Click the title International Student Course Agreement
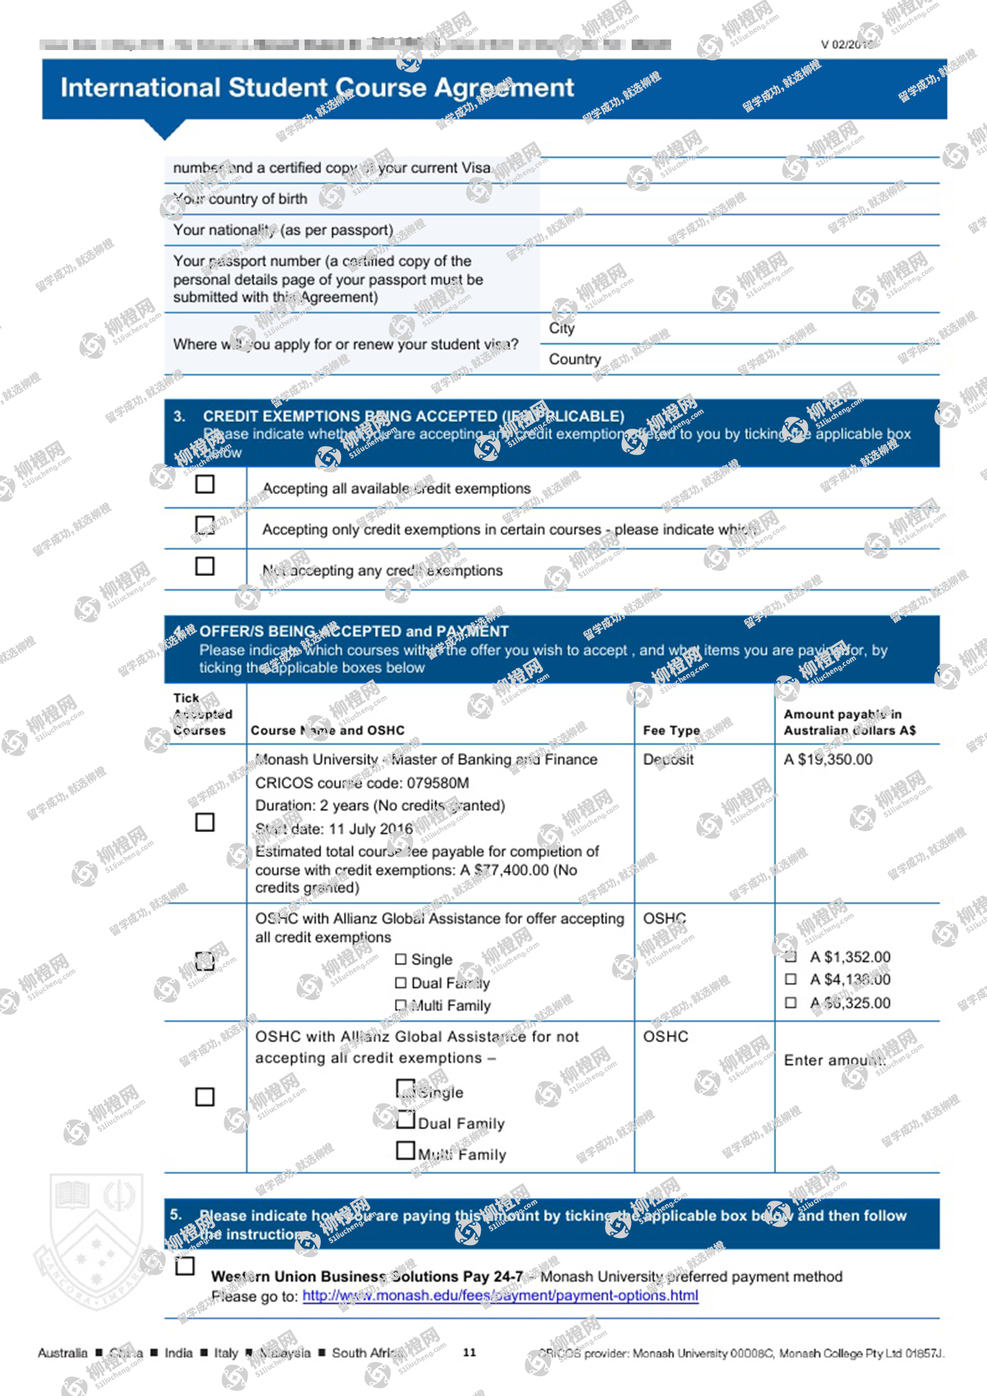pos(317,87)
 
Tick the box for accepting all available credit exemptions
pos(204,484)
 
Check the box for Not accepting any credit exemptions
pos(204,566)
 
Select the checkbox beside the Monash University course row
pos(204,822)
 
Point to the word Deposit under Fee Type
pos(668,759)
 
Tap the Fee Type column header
pos(671,730)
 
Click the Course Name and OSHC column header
pos(328,730)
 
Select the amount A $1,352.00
pos(850,957)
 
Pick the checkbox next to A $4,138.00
pos(791,979)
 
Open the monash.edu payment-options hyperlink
pos(500,1296)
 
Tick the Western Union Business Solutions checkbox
pos(185,1266)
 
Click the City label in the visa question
pos(562,329)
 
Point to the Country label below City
pos(575,360)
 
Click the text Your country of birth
pos(240,199)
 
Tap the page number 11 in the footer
pos(470,1352)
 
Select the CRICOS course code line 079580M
pos(362,783)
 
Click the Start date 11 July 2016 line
pos(333,829)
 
